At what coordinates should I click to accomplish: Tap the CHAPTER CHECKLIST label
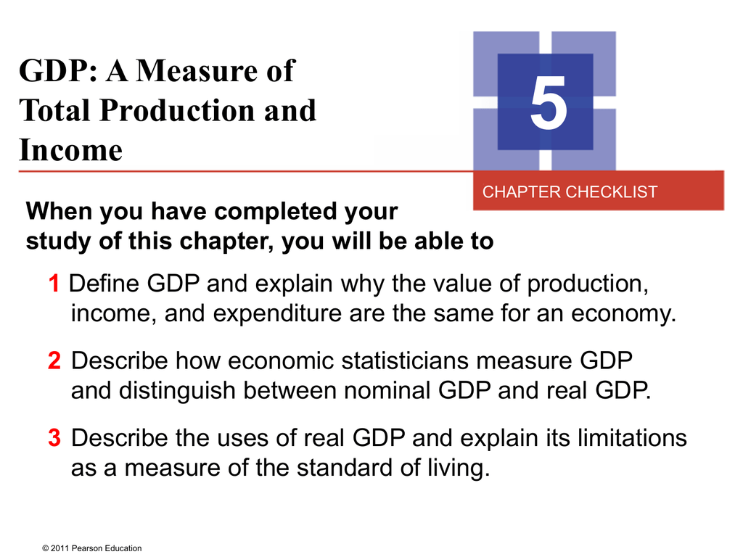570,191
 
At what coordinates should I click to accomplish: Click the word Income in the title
70,150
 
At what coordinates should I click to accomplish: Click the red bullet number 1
54,284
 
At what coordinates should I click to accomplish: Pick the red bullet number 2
54,361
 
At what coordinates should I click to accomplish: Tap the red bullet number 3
54,438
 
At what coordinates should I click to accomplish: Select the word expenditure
277,314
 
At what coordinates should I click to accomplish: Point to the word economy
623,314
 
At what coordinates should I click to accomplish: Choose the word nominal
387,391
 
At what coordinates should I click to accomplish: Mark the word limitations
632,438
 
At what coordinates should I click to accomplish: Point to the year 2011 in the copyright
59,548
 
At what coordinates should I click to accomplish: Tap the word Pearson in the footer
86,548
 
